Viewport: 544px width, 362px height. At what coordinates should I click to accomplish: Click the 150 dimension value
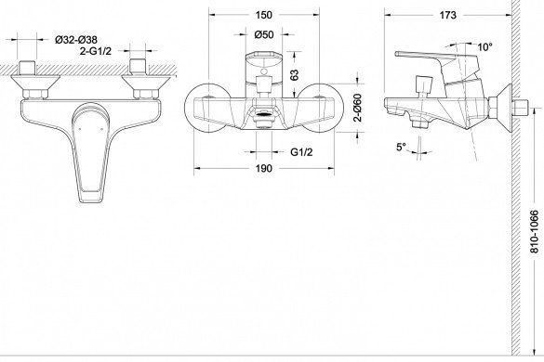[x=264, y=15]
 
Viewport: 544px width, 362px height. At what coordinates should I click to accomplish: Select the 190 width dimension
[x=264, y=168]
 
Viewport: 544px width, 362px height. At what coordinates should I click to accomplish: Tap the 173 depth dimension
[x=447, y=15]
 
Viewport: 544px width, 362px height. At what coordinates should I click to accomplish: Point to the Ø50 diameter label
[x=264, y=34]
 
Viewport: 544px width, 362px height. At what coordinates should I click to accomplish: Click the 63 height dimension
[x=294, y=75]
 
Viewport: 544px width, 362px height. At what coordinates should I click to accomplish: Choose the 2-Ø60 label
[x=358, y=108]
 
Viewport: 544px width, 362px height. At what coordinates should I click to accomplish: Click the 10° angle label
[x=484, y=46]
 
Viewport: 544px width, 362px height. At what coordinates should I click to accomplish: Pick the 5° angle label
[x=401, y=147]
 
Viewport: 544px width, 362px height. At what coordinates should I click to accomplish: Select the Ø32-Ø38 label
[x=76, y=40]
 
